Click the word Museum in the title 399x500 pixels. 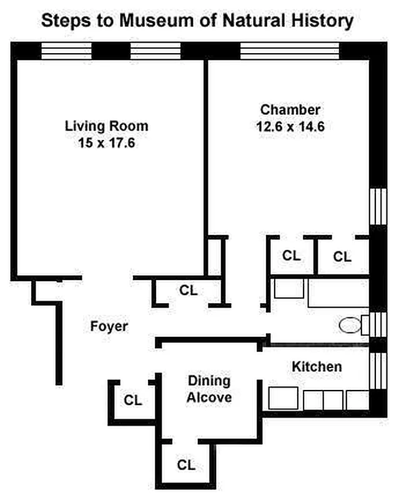point(157,21)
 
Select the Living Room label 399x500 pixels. point(107,126)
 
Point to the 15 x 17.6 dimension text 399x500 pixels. point(107,142)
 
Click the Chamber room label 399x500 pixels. point(290,110)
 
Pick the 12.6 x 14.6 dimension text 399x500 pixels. point(290,126)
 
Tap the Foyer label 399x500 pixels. point(109,326)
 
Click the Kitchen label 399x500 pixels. point(317,367)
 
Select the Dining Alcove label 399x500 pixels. point(209,389)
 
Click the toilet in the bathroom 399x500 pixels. point(350,325)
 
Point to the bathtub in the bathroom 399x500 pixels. point(338,293)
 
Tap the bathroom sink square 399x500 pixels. point(289,289)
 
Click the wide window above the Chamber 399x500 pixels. point(289,51)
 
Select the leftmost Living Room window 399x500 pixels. point(66,51)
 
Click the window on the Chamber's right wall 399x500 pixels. point(378,207)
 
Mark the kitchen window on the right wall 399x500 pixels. point(378,371)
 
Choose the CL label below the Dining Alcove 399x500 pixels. point(187,465)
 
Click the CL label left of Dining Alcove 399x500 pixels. point(133,400)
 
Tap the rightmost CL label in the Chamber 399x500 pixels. point(342,256)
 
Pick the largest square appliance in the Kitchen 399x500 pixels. point(283,398)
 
